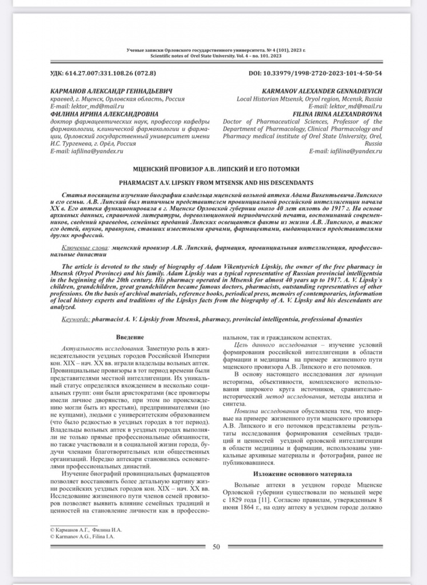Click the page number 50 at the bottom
pos(216,547)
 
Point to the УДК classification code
pos(103,74)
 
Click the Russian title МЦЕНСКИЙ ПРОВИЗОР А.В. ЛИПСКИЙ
pos(216,169)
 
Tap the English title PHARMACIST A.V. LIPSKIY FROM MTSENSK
pos(216,182)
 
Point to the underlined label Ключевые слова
pos(85,249)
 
